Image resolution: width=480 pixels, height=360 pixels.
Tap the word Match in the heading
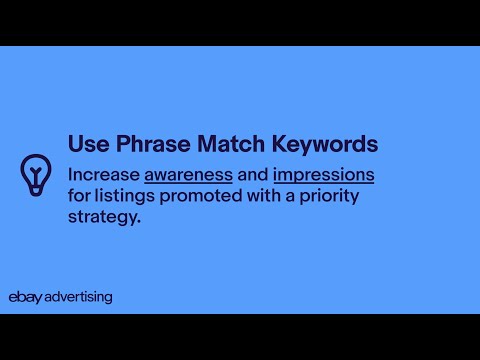click(x=231, y=144)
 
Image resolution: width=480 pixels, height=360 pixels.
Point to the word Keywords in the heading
click(x=325, y=144)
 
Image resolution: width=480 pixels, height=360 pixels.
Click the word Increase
click(x=104, y=174)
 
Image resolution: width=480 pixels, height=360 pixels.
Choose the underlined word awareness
click(x=188, y=176)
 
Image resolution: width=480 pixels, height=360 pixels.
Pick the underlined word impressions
click(x=324, y=176)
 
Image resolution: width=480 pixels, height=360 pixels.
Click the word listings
click(x=125, y=196)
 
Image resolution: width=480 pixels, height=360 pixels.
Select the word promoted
click(x=201, y=196)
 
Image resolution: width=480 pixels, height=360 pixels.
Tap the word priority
click(x=329, y=196)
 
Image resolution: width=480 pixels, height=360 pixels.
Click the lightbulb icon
click(x=36, y=175)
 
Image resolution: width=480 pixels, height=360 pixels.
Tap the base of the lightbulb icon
click(x=36, y=191)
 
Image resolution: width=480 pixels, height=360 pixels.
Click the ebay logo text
click(x=25, y=297)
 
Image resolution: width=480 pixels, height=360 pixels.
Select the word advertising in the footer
click(x=78, y=297)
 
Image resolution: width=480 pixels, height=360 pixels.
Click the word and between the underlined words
click(x=253, y=174)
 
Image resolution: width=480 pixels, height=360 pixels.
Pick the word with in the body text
click(x=264, y=195)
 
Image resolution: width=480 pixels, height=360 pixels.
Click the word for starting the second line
click(x=79, y=195)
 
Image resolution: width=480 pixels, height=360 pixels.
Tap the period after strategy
click(x=139, y=222)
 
